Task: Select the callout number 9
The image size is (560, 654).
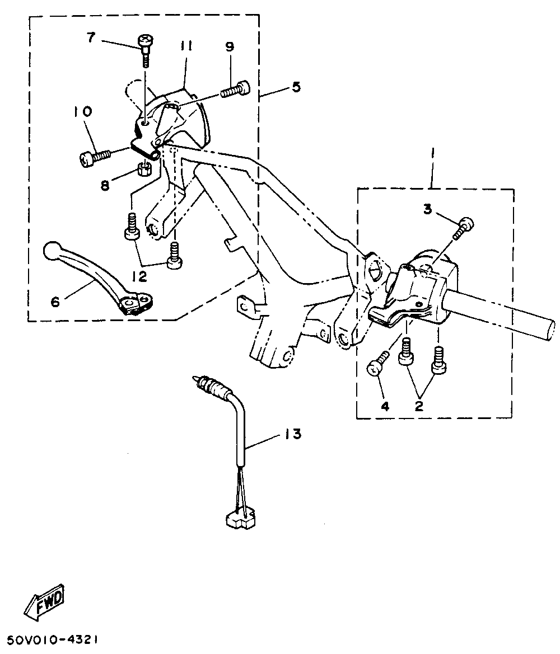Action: pos(230,47)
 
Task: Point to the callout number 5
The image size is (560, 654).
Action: pos(296,87)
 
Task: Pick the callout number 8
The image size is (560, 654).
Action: pos(105,185)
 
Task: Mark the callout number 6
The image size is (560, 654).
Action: pos(55,302)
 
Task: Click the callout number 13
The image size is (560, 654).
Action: pos(293,434)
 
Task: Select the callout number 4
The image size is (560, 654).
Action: pos(385,407)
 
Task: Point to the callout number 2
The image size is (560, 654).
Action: pos(418,407)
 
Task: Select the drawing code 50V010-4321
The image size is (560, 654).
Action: pos(55,639)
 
